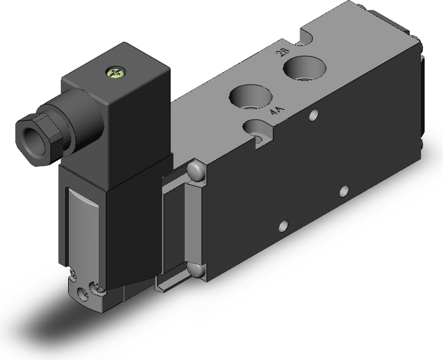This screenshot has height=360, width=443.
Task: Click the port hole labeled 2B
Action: click(x=305, y=69)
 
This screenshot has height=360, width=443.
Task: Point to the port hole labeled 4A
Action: click(x=250, y=98)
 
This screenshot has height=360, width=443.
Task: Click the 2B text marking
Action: click(x=284, y=52)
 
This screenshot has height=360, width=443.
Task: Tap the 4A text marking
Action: click(x=277, y=110)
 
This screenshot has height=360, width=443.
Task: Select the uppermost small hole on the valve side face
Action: click(x=314, y=115)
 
